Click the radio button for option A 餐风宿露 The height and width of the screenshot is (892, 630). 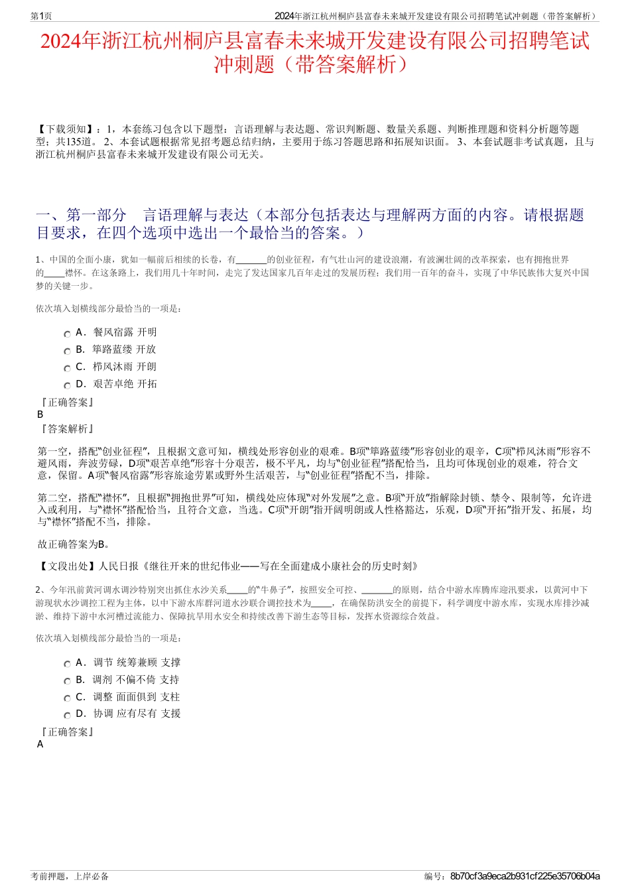click(x=67, y=334)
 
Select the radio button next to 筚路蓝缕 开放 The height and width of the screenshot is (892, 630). click(x=67, y=351)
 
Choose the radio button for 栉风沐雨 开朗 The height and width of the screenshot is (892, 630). click(x=67, y=369)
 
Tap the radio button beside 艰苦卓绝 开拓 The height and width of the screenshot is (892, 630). click(x=67, y=386)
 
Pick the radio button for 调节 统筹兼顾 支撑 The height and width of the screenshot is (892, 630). click(x=67, y=665)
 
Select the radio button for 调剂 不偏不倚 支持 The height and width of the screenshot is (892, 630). click(x=67, y=682)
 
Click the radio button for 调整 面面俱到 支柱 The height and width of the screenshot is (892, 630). click(x=67, y=699)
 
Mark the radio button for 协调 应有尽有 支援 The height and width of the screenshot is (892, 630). click(x=67, y=716)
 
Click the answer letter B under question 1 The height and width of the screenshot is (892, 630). click(x=40, y=414)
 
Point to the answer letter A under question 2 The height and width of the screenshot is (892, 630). click(x=40, y=744)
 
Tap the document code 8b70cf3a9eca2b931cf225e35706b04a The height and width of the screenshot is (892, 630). click(x=525, y=876)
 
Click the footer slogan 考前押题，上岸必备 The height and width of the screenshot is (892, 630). click(x=70, y=876)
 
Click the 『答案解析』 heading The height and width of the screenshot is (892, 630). click(x=66, y=429)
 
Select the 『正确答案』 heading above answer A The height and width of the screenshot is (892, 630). click(x=66, y=732)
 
